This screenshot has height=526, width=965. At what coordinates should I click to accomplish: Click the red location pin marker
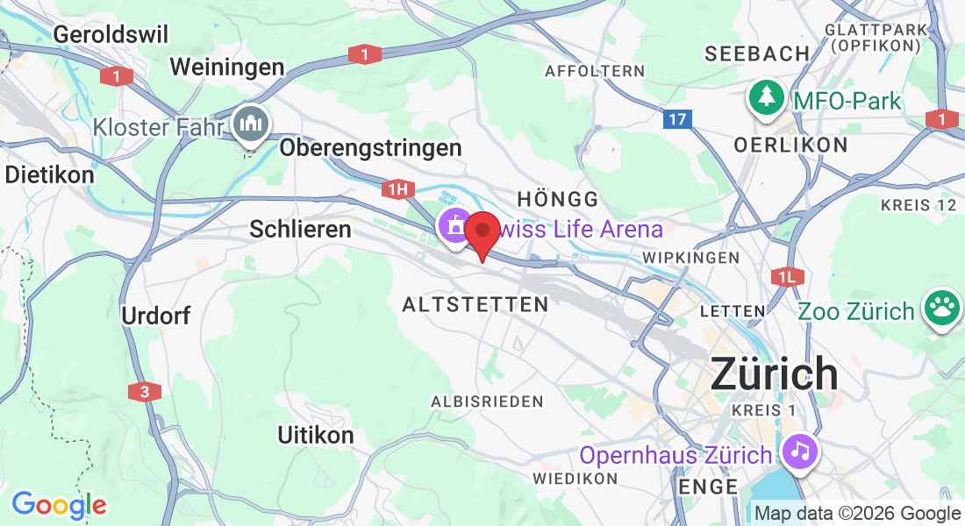coord(482,234)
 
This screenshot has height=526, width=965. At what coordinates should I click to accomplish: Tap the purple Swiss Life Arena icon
coord(454,226)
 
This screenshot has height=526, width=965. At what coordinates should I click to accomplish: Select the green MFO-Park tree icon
coord(767,98)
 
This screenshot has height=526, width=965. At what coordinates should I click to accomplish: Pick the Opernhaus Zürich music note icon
coord(799,452)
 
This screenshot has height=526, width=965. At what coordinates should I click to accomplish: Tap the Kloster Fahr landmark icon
coord(253,125)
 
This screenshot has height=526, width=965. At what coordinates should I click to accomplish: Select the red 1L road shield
coord(786,277)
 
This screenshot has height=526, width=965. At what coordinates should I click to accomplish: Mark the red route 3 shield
coord(144,392)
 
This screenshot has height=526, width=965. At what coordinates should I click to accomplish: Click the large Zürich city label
coord(774,374)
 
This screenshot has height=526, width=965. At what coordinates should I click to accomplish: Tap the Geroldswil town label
coord(111,34)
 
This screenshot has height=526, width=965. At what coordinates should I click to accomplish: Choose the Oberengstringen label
coord(370,147)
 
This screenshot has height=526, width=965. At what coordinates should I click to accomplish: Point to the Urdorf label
coord(156,316)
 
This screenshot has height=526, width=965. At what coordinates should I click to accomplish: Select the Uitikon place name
coord(316,435)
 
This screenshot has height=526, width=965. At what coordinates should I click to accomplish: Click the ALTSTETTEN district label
coord(475,304)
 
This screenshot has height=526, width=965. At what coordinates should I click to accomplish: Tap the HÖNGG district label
coord(558,199)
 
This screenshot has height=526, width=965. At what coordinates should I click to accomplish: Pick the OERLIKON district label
coord(790,145)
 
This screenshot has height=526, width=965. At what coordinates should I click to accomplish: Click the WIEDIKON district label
coord(575,479)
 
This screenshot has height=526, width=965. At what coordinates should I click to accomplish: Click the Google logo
coord(59,505)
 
